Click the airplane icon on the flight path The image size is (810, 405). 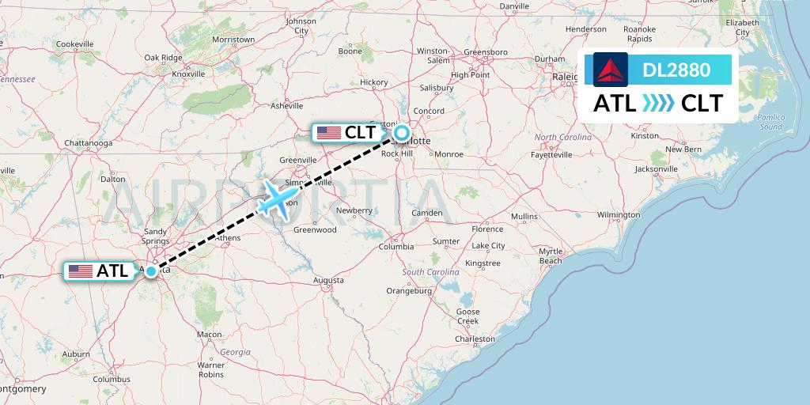278,198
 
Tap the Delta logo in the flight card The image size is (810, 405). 611,70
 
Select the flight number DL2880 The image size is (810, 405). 676,70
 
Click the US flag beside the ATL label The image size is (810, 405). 80,271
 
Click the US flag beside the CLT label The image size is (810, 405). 328,133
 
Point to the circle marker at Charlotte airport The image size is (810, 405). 402,133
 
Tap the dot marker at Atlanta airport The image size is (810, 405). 150,271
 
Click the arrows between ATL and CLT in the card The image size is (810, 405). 659,104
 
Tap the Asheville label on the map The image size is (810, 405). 287,105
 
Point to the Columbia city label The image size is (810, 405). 396,247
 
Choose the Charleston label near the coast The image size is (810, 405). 475,339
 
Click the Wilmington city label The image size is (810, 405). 618,215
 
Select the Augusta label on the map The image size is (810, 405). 328,280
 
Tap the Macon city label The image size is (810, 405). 210,335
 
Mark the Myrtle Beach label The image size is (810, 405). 550,255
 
